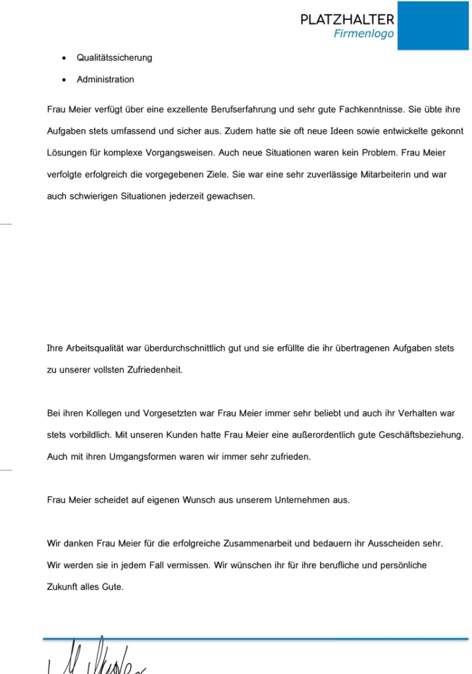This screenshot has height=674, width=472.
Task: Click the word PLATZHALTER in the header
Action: (347, 20)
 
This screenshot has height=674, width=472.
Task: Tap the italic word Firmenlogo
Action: (363, 34)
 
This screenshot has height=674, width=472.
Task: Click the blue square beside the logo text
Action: (433, 25)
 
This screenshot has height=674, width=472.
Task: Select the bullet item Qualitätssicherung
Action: (114, 58)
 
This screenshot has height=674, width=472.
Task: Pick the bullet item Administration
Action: (105, 80)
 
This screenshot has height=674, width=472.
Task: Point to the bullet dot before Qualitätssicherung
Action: (63, 58)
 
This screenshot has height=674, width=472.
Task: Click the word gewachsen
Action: (230, 196)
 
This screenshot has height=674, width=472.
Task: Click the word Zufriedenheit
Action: (149, 370)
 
